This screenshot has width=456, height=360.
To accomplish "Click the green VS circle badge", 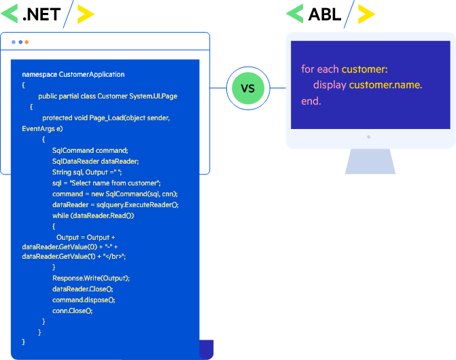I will pos(248,88).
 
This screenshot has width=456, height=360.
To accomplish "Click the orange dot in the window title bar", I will pos(27,42).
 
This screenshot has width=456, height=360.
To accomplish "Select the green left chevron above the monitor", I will pos(294,14).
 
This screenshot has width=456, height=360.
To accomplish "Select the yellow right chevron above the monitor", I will pos(366,14).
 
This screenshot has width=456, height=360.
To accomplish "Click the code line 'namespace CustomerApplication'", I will pos(73,75).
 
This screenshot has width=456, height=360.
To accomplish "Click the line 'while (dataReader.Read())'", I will pos(93,215).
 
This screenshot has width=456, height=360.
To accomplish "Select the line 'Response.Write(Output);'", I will pos(91,278).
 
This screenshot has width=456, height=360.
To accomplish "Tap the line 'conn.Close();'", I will pos(72,310).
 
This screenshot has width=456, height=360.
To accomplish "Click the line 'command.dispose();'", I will pos(84,300).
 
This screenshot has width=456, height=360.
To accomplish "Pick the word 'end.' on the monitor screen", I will pos(311,101).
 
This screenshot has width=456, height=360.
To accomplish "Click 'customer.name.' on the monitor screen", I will pos(385,85).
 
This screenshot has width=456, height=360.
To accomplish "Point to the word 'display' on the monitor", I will pos(330,85).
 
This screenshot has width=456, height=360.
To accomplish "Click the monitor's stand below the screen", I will pos(370,162).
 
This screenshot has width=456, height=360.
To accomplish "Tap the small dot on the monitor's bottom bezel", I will pos(369,137).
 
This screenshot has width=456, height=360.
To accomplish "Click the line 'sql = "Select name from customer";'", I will pos(106,183).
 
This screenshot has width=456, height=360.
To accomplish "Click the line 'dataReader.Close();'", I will pos(83,289).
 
